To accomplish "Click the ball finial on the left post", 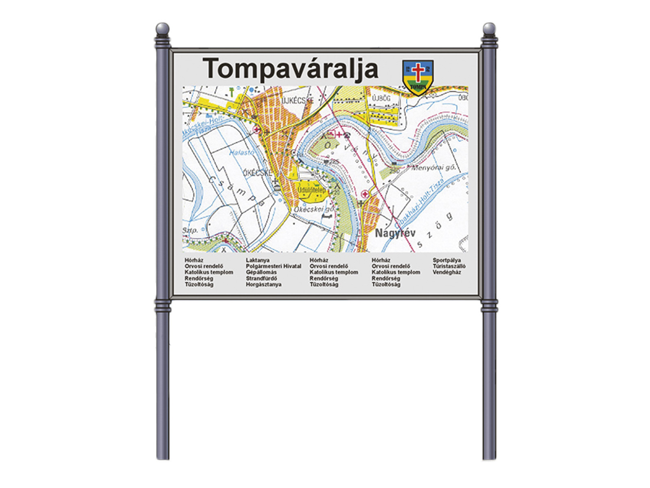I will point(162,29).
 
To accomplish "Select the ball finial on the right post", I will point(489,29).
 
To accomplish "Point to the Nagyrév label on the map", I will point(395,233).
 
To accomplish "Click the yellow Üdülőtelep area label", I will point(312,190).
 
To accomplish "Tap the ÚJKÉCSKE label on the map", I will point(298,100).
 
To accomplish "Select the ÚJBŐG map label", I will point(381,98).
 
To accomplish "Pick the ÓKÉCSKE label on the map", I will point(258,173).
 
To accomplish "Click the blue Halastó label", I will point(241,153).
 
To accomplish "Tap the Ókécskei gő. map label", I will point(314,209).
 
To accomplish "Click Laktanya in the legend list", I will point(258,260).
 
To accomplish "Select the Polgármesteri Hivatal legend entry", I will point(273,266).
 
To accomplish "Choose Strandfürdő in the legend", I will point(261,279).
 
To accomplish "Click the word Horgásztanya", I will point(263,285).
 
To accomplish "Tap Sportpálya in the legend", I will point(446,260).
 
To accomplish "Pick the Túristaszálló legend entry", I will point(449,266).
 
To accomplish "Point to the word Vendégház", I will point(446,272).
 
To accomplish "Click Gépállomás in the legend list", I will point(261,272).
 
